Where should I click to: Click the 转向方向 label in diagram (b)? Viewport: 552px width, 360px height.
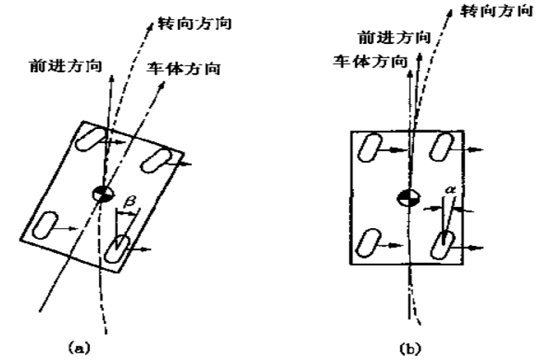click(496, 12)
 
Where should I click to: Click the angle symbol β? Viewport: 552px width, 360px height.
click(129, 204)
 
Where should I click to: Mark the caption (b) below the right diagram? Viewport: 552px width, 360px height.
click(410, 348)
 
